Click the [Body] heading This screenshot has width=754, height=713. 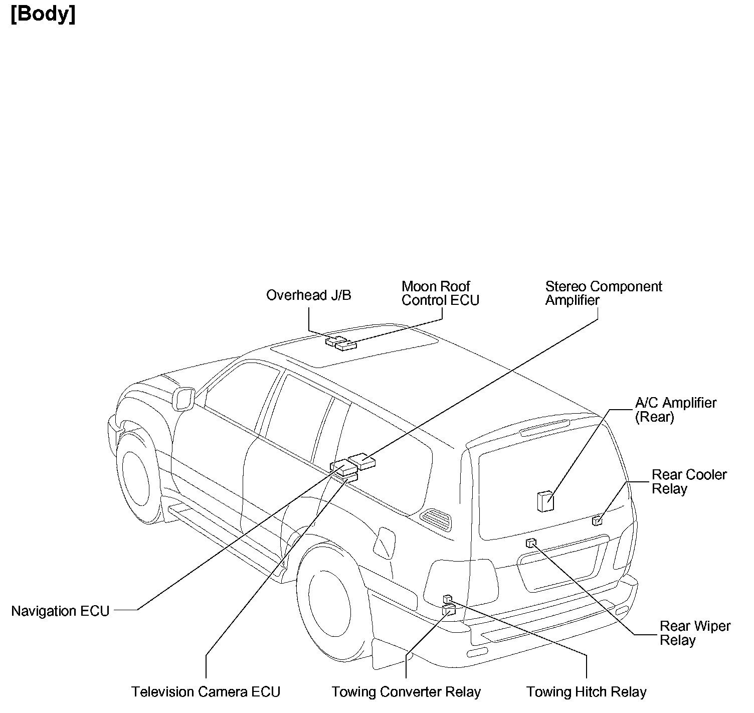(43, 14)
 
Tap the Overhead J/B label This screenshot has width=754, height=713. (308, 295)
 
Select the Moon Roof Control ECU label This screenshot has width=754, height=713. (440, 293)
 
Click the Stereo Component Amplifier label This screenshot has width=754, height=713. (603, 293)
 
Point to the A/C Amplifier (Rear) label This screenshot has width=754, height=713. (675, 410)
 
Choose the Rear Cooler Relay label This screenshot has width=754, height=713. (689, 481)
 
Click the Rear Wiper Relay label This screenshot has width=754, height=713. (694, 633)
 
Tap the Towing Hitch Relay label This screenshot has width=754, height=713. (586, 692)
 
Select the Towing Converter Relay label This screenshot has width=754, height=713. (406, 692)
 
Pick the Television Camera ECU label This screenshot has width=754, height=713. (206, 692)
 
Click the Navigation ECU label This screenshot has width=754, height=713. (60, 611)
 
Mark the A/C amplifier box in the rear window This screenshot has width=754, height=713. (545, 501)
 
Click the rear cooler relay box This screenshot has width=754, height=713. (597, 520)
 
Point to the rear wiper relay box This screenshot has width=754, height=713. (531, 543)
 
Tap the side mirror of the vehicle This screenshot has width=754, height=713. (183, 399)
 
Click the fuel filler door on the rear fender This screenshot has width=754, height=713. (385, 543)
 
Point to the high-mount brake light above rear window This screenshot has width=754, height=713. (545, 427)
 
